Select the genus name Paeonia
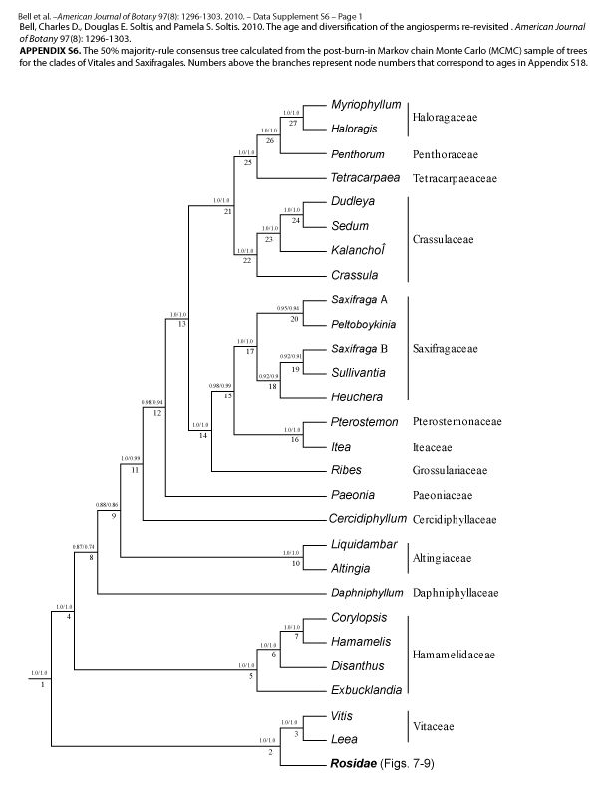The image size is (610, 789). pos(354,495)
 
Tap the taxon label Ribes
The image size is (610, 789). pos(347,470)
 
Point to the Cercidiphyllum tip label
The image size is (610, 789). pos(370,519)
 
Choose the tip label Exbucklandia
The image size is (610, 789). pos(367,690)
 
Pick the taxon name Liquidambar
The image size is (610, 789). pos(366,545)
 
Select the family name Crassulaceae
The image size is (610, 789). pos(444,239)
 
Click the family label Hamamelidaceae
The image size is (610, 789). pos(455,655)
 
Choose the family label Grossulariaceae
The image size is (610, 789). pos(450,470)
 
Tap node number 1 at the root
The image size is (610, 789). pos(43,685)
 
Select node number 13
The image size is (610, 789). pos(182,325)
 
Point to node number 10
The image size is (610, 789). pos(296,564)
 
